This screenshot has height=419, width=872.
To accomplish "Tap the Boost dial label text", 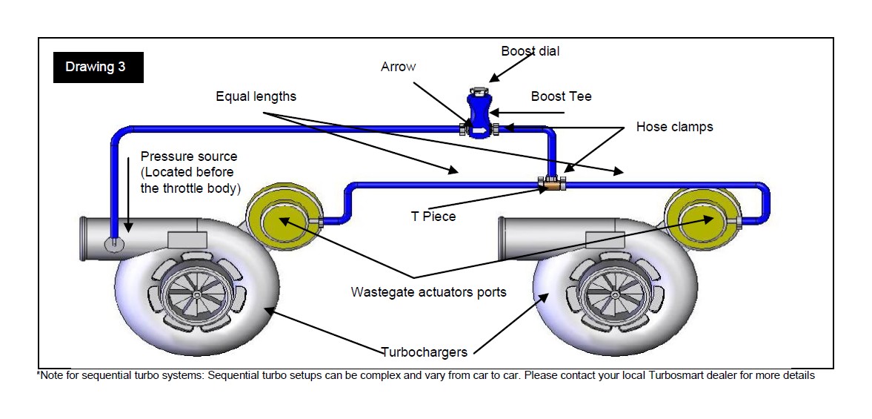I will point(530,51).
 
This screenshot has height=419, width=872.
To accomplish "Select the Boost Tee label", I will point(561,97).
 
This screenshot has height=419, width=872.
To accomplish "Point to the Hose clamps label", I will point(674,127).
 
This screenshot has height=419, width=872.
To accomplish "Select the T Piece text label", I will point(433,216).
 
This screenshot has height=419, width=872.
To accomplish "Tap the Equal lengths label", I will point(256,96).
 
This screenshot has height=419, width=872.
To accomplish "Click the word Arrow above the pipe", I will point(398,67).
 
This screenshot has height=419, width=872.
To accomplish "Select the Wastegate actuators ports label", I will point(428,292).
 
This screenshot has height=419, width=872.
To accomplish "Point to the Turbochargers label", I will point(424,352).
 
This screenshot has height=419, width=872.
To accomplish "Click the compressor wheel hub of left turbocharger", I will point(196,294).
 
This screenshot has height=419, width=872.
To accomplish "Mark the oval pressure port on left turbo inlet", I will point(114,245).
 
